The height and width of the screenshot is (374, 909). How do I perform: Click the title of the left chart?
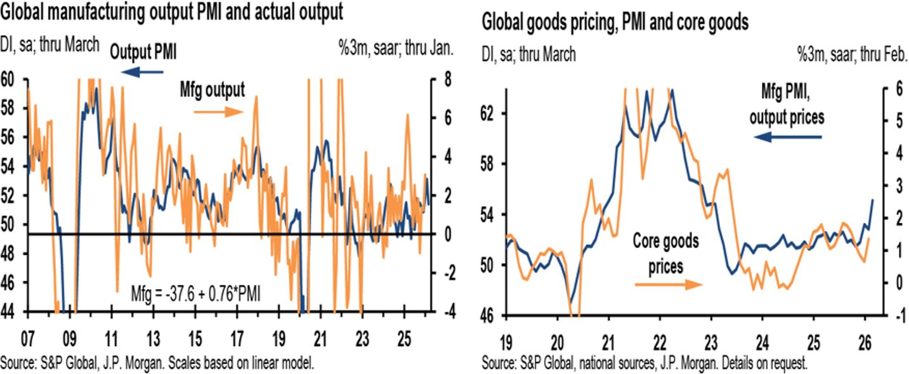pos(172,12)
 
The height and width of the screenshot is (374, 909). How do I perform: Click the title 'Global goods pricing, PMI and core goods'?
pos(615,23)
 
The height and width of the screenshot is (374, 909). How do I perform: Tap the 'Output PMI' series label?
pos(143,54)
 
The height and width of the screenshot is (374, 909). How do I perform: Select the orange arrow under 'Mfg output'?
pos(218,112)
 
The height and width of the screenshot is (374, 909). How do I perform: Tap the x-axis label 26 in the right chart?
pos(866,337)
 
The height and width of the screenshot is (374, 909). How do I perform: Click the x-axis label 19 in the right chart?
pos(506,337)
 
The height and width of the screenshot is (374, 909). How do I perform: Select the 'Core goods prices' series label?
pos(665,253)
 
